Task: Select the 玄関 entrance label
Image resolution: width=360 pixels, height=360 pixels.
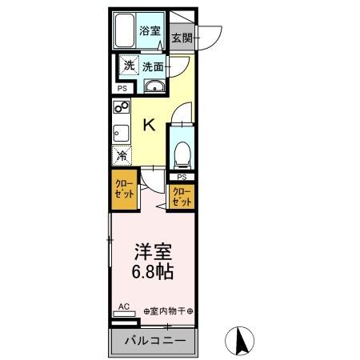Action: point(182,37)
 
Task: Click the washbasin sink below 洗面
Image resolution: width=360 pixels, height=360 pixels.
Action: point(154,87)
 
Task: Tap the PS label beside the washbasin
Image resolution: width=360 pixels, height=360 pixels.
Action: point(122,88)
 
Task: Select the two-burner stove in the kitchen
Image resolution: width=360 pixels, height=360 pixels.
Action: point(122,108)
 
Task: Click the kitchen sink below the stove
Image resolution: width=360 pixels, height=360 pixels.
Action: point(122,132)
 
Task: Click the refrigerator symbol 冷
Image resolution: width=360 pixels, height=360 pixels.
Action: point(122,155)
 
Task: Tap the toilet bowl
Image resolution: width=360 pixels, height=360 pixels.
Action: point(182,150)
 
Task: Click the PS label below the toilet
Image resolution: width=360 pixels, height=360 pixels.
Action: point(182,177)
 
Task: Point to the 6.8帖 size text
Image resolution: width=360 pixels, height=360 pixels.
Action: point(150,271)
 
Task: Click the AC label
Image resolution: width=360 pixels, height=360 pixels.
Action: point(124,306)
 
